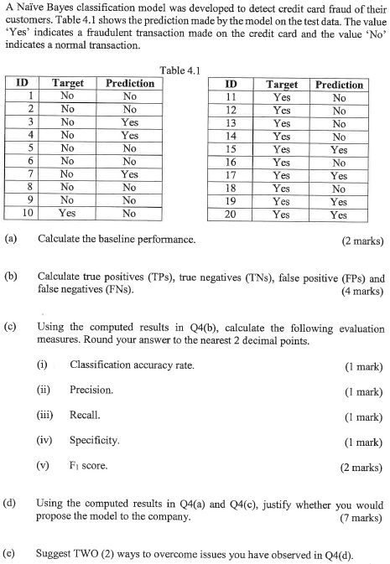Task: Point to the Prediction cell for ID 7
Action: (x=129, y=173)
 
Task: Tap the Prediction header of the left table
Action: (x=129, y=83)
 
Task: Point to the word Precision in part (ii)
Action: (x=91, y=390)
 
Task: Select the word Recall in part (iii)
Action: (x=86, y=415)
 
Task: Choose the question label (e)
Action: (x=11, y=553)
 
